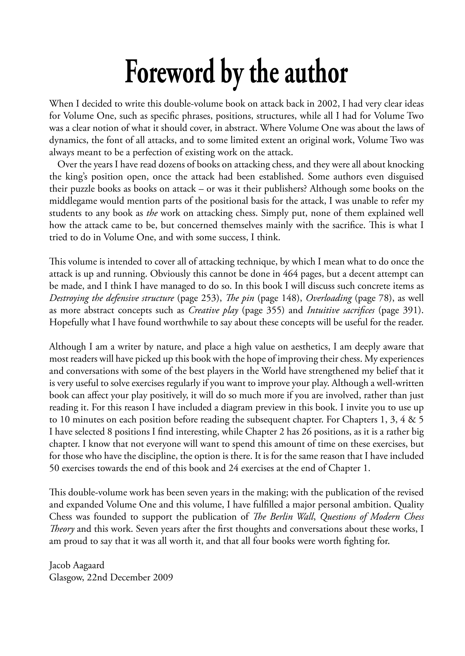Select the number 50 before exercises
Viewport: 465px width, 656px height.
[x=55, y=468]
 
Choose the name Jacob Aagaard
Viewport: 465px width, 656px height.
[x=77, y=565]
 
